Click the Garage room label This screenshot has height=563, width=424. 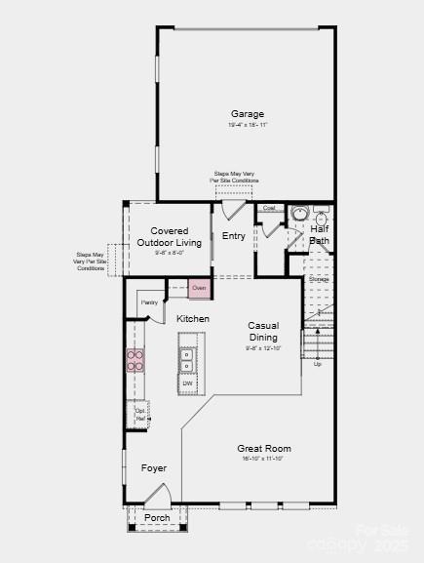point(247,114)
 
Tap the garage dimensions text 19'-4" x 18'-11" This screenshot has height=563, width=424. point(247,125)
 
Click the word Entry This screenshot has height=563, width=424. point(234,236)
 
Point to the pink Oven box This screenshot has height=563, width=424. point(199,289)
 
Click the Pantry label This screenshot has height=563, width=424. point(149,302)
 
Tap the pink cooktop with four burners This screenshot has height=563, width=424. point(135,361)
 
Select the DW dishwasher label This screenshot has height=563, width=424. point(187,383)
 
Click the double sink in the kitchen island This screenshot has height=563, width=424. point(187,360)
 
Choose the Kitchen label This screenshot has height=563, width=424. point(193,319)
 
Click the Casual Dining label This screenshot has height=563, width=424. point(263,332)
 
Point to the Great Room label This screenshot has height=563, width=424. point(264,449)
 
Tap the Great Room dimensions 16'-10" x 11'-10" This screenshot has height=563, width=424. point(264,459)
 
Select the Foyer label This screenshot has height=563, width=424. point(154,468)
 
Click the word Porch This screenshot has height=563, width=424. point(157,518)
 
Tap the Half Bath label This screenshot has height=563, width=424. point(320,234)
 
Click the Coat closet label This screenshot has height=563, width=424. point(269,208)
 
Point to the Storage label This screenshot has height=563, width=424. point(319,279)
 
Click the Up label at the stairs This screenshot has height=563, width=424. point(317,363)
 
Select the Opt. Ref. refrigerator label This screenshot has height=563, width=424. point(140,415)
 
